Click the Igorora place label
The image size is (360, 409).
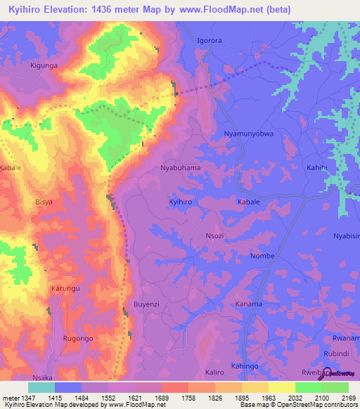pyautogui.click(x=209, y=41)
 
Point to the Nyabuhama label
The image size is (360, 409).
pyautogui.click(x=181, y=169)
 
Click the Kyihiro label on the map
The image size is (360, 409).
pyautogui.click(x=181, y=202)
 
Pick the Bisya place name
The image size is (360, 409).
pyautogui.click(x=44, y=202)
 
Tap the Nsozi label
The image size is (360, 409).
pyautogui.click(x=214, y=236)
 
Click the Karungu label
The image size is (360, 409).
pyautogui.click(x=65, y=289)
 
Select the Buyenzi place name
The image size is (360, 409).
pyautogui.click(x=148, y=304)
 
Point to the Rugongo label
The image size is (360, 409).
pyautogui.click(x=77, y=338)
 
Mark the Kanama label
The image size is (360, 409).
pyautogui.click(x=248, y=304)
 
